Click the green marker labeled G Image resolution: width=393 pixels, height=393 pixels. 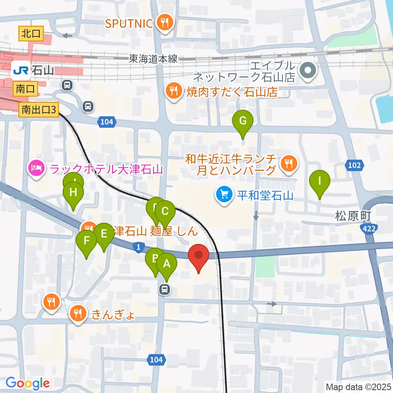(243, 122)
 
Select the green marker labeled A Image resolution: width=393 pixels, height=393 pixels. (167, 264)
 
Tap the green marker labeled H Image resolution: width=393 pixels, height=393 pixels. (74, 193)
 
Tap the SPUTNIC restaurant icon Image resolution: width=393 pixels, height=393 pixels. (165, 23)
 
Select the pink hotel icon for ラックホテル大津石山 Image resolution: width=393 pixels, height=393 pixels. (36, 168)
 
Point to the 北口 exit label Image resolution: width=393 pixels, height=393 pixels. (32, 34)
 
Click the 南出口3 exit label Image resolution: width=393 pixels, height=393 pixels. (39, 110)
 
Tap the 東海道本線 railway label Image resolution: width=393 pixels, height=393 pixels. (154, 59)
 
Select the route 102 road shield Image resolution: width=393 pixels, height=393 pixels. (355, 165)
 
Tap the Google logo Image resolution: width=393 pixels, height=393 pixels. (28, 383)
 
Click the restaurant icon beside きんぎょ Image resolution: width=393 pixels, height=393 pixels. (77, 314)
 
